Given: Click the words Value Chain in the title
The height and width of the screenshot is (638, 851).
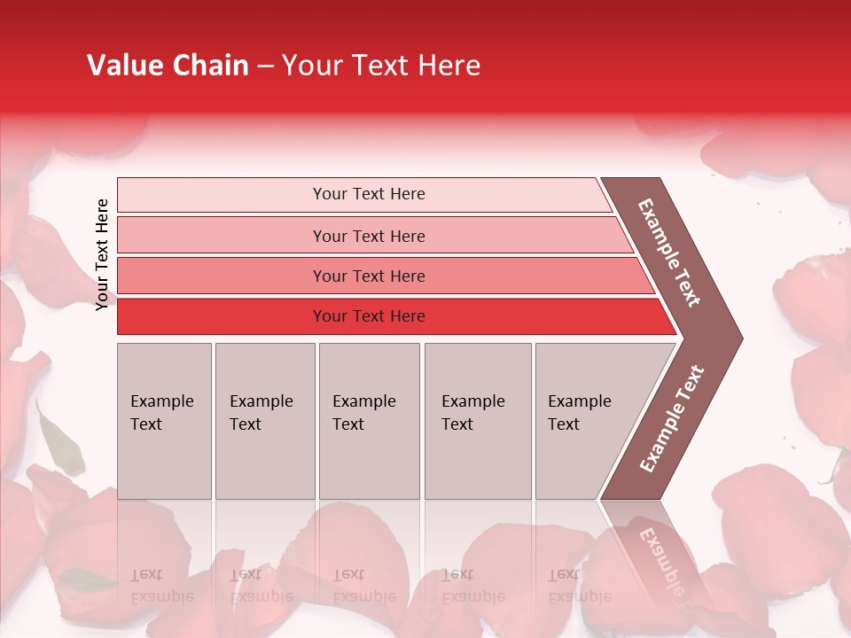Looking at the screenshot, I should (x=168, y=66).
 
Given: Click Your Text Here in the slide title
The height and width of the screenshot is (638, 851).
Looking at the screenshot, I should (x=381, y=66).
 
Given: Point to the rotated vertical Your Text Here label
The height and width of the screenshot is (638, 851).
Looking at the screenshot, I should (x=102, y=254).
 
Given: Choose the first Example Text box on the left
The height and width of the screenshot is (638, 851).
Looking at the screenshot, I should (x=164, y=421).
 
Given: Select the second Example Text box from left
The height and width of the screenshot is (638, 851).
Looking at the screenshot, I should (x=265, y=421).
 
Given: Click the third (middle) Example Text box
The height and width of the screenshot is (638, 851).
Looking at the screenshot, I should (x=369, y=421).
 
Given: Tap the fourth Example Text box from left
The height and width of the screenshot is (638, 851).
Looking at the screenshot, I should (x=478, y=421).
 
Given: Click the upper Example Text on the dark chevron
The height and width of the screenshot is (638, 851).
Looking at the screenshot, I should (x=669, y=252).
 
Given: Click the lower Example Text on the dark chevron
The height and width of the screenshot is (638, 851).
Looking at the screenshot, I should (x=672, y=419).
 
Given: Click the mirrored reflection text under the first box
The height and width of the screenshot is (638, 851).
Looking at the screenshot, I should (x=161, y=585).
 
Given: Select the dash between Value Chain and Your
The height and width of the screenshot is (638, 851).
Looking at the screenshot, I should (x=265, y=66).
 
